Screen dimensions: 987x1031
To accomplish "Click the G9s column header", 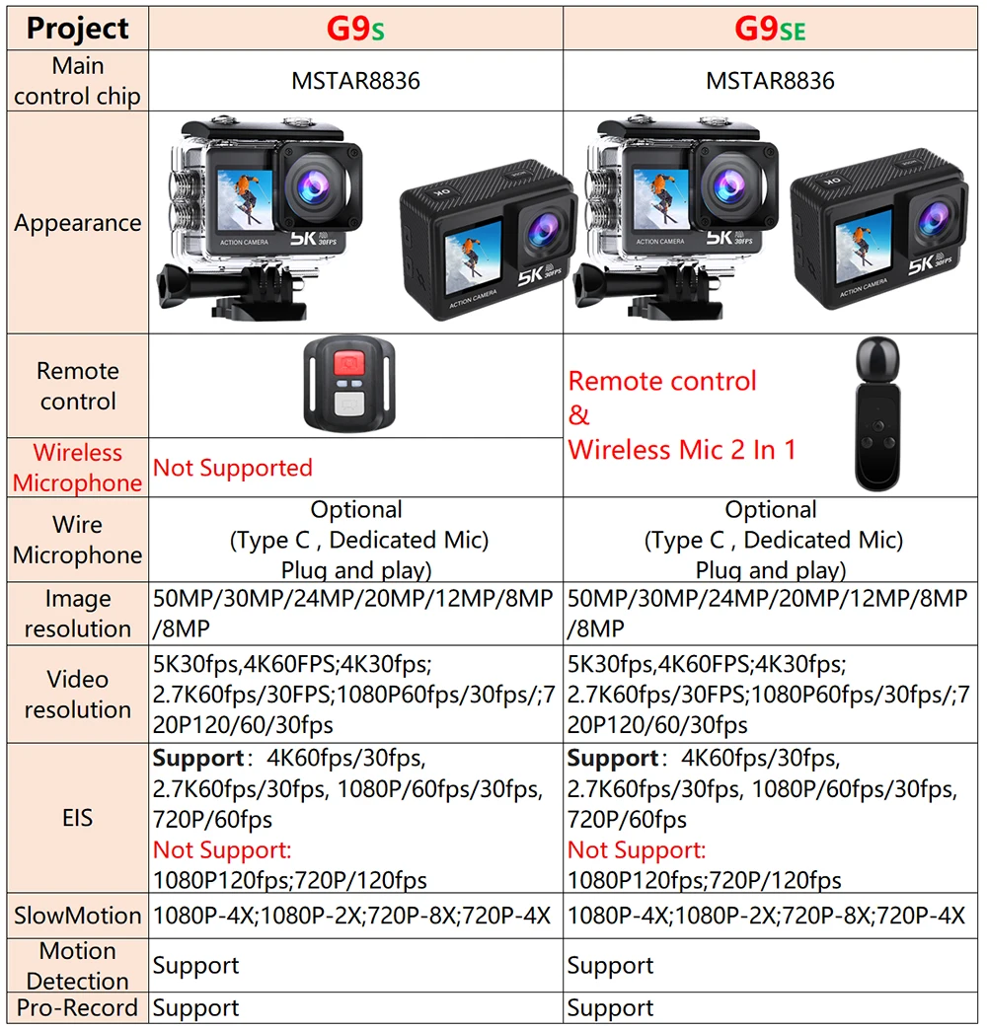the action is click(355, 29).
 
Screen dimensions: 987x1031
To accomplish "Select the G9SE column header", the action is click(770, 29).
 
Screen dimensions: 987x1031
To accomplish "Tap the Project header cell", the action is click(78, 29).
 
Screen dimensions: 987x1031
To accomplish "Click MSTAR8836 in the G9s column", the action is click(355, 81).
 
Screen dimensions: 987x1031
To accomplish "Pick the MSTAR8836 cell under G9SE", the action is click(770, 81).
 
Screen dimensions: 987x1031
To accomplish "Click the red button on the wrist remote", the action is click(348, 364).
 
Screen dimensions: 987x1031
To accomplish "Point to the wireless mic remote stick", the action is click(877, 414).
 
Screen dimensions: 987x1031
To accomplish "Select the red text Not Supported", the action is click(233, 468).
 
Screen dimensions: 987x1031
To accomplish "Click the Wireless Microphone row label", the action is click(78, 468).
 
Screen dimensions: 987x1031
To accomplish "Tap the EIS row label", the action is click(78, 818).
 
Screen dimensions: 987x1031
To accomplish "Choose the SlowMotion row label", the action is click(78, 916).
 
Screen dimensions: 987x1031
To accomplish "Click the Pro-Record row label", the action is click(78, 1007).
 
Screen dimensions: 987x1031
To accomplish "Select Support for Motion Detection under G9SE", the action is click(611, 965).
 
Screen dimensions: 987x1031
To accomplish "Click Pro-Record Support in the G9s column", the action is click(196, 1008).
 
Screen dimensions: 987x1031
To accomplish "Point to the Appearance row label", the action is click(78, 223).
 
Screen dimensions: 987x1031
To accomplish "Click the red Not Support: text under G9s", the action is click(222, 849).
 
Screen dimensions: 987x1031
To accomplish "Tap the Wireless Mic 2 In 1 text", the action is click(682, 450).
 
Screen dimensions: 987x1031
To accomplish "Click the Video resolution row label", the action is click(78, 695).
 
